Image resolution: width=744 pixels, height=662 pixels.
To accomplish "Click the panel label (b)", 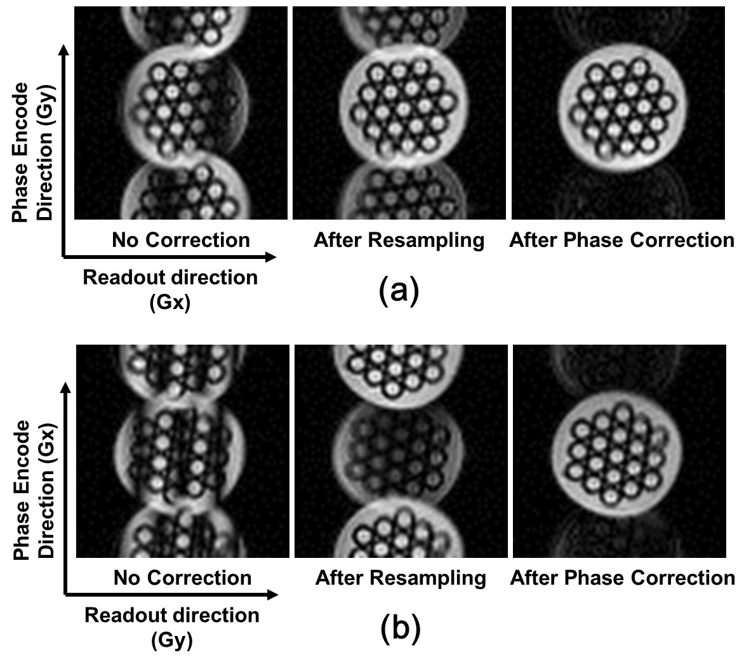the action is [x=400, y=628].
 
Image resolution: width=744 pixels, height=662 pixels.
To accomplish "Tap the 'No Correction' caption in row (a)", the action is [x=181, y=240].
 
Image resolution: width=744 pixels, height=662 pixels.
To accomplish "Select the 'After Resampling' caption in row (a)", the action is [x=399, y=240].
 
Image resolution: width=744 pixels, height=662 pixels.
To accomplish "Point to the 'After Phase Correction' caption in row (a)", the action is [x=621, y=240].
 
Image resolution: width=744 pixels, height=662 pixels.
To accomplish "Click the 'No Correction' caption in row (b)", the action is [x=182, y=578].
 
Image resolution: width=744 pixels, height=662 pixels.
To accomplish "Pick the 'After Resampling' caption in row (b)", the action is [x=401, y=578].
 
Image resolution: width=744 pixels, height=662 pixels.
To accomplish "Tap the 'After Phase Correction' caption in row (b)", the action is [x=622, y=578].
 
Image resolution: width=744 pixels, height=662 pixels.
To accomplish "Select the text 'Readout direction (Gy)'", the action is [x=171, y=626].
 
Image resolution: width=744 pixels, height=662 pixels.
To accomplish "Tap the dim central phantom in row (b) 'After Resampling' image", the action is [x=400, y=451].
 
